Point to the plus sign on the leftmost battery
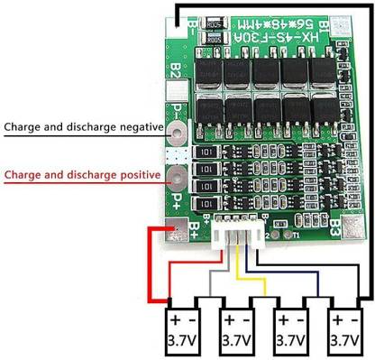point(171,319)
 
